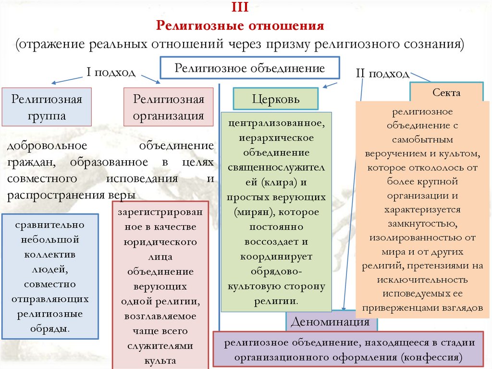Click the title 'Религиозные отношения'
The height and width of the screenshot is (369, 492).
(241, 25)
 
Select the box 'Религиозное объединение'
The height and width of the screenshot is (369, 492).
(249, 68)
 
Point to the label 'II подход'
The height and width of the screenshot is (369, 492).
(382, 74)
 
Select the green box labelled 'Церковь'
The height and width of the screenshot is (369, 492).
(276, 99)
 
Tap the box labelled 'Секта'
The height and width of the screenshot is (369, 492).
(446, 93)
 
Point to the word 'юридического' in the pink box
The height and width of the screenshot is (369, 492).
(160, 242)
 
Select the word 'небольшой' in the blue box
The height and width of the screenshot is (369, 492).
(50, 239)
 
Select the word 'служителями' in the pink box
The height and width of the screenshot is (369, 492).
(160, 345)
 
